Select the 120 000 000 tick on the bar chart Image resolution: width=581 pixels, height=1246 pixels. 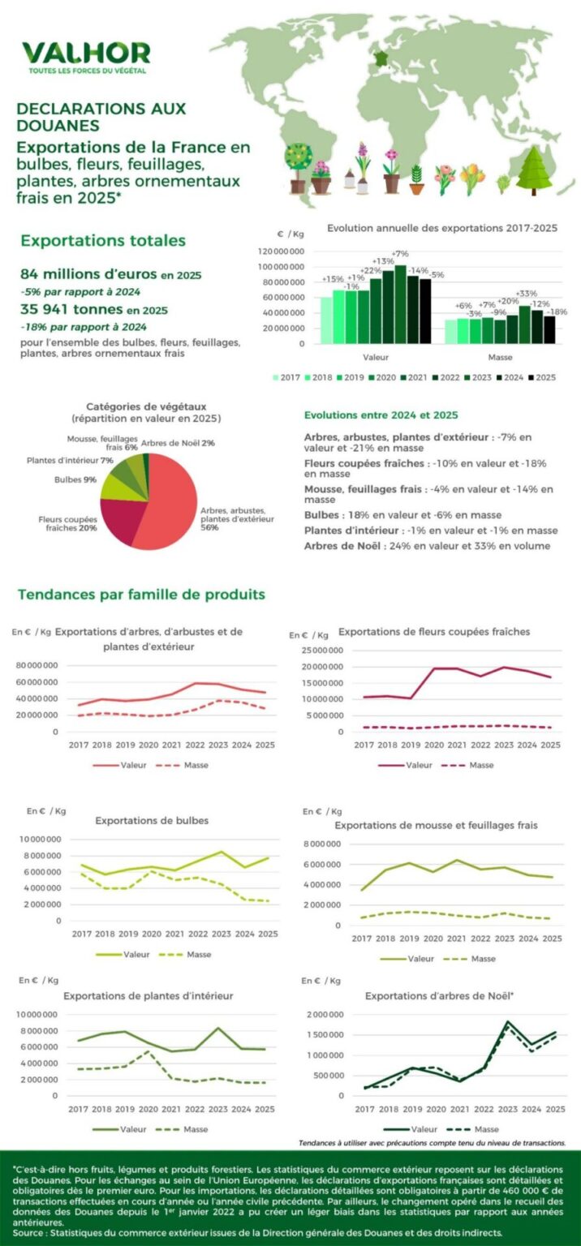(x=282, y=251)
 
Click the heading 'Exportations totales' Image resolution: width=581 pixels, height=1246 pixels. (x=103, y=241)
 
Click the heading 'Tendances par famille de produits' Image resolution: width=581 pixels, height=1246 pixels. (x=141, y=595)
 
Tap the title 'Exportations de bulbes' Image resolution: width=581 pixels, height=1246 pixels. (x=152, y=820)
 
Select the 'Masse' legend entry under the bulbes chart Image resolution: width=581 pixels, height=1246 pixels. (x=188, y=954)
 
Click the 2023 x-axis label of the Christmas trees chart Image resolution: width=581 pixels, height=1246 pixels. (x=508, y=1109)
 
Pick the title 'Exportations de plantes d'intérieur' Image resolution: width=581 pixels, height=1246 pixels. (x=148, y=995)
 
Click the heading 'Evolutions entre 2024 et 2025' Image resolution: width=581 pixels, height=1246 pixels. (x=381, y=415)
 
